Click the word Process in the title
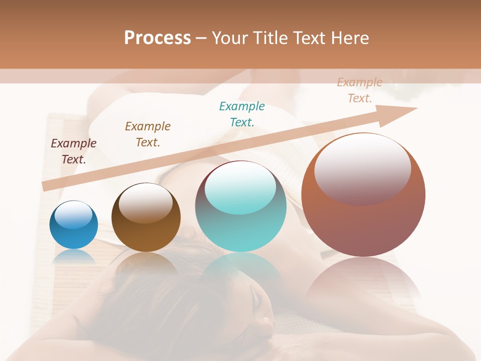pyautogui.click(x=157, y=38)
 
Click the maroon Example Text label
pyautogui.click(x=74, y=151)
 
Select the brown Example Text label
pyautogui.click(x=148, y=134)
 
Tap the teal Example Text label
pyautogui.click(x=242, y=114)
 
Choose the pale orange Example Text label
pyautogui.click(x=360, y=90)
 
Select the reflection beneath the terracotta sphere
pyautogui.click(x=363, y=281)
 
